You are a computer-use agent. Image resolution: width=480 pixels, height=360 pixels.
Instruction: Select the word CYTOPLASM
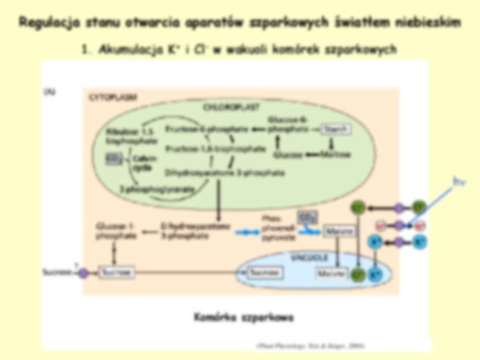click(x=113, y=96)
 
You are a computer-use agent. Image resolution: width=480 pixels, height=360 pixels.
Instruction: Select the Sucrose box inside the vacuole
click(x=264, y=273)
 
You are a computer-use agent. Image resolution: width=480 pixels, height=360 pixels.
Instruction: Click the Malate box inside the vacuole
click(x=331, y=274)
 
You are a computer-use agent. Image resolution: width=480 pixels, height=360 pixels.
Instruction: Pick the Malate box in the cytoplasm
click(x=339, y=232)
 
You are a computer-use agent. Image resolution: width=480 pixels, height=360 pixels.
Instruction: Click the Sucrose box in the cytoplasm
click(x=117, y=273)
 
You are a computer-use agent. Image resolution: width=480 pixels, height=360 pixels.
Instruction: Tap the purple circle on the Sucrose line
click(x=83, y=273)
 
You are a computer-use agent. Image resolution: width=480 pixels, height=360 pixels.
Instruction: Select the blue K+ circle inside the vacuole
click(x=375, y=275)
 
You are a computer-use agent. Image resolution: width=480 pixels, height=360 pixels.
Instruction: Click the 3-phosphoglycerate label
click(x=156, y=189)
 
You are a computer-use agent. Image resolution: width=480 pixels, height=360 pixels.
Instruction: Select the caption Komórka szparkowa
click(x=244, y=318)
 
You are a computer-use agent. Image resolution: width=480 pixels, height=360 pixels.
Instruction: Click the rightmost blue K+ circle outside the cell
click(x=419, y=241)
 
